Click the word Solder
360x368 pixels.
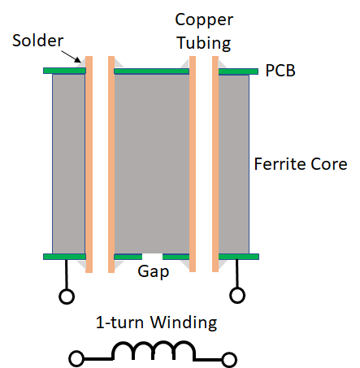point(37,41)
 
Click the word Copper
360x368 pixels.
point(204,21)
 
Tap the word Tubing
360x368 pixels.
point(204,43)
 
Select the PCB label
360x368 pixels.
point(280,71)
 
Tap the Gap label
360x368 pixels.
point(154,271)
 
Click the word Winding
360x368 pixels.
point(184,323)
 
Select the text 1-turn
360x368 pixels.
point(119,323)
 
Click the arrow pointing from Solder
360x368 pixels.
point(71,56)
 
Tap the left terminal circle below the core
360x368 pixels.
point(67,297)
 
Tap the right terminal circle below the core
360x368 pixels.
point(237,295)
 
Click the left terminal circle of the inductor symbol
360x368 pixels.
point(76,358)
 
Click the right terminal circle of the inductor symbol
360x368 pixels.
point(229,360)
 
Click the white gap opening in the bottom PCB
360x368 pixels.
point(152,257)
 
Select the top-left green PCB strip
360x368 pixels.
point(64,71)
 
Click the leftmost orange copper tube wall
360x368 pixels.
point(89,164)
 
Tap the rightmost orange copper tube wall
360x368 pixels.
point(215,164)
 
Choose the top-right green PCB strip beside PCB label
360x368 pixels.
point(238,71)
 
